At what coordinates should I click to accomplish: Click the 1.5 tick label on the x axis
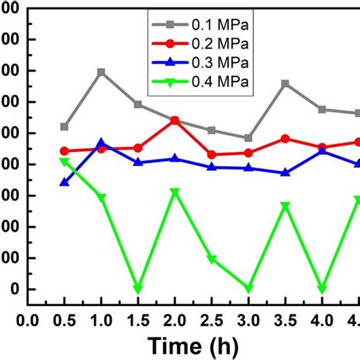pyautogui.click(x=137, y=320)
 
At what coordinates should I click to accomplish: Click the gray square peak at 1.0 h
pyautogui.click(x=101, y=72)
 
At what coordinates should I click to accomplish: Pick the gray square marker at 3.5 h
pyautogui.click(x=286, y=84)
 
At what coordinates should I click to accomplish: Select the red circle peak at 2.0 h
pyautogui.click(x=175, y=121)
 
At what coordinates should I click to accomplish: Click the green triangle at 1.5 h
pyautogui.click(x=137, y=289)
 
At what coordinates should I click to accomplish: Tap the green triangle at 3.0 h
pyautogui.click(x=248, y=289)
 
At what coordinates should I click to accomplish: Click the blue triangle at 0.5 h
pyautogui.click(x=65, y=182)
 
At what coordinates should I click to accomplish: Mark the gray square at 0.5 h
pyautogui.click(x=65, y=127)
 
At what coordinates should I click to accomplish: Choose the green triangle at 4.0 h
pyautogui.click(x=322, y=289)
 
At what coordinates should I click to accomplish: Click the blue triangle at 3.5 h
pyautogui.click(x=286, y=172)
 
